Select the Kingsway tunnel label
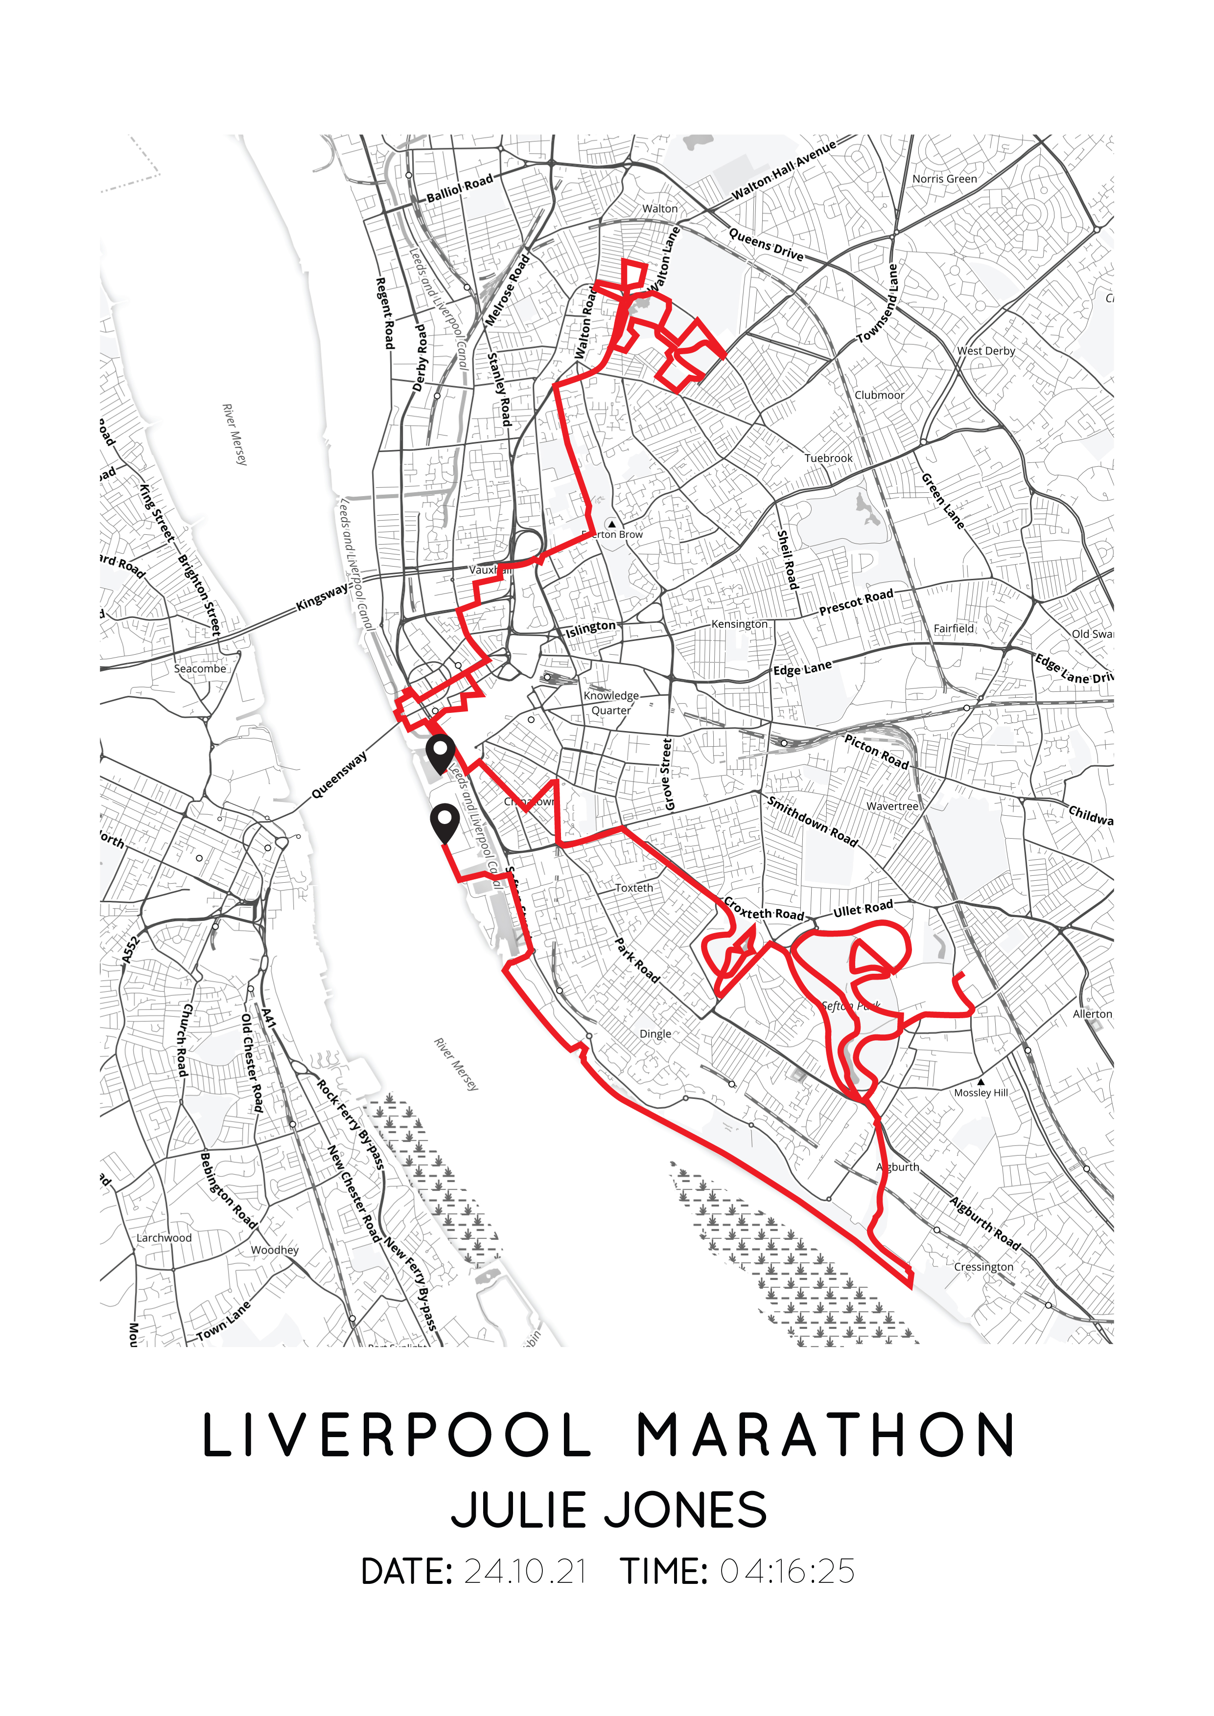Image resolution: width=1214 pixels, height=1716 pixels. [x=322, y=596]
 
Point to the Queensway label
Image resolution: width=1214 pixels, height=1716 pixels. [x=339, y=775]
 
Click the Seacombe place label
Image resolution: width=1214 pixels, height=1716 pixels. [x=200, y=668]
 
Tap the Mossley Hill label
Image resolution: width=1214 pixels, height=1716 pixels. [x=981, y=1092]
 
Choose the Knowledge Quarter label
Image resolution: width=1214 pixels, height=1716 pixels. [x=611, y=703]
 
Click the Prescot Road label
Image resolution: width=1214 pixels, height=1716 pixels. [x=856, y=602]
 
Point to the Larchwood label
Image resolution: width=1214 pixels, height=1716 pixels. [x=163, y=1237]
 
